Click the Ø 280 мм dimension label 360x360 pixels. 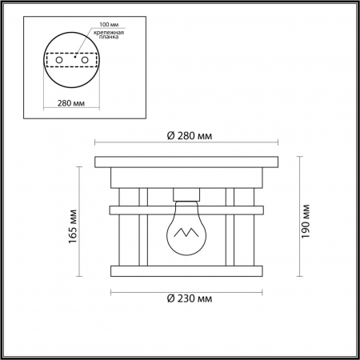pos(190,137)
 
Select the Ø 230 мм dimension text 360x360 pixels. pos(190,298)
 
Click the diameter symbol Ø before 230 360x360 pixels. pos(171,298)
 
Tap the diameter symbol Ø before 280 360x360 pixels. pos(171,137)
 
